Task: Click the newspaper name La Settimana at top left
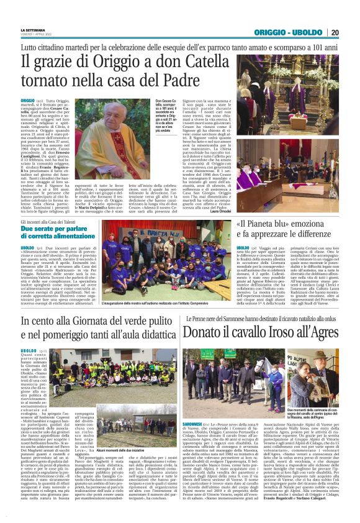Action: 33,29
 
